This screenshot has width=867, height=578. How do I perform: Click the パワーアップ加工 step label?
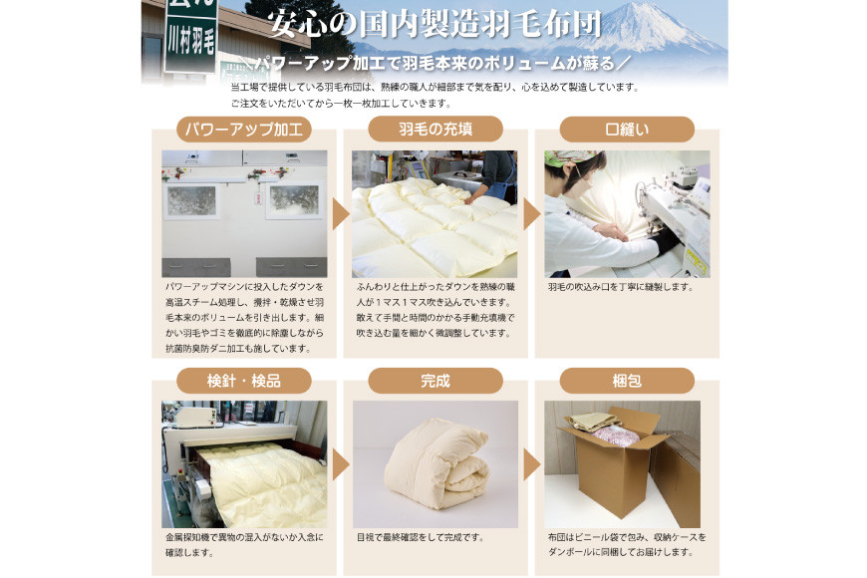point(244,130)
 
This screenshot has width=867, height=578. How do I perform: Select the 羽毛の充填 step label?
point(435,130)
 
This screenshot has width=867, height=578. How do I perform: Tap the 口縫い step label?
point(627,130)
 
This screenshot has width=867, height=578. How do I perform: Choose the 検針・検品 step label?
point(244,381)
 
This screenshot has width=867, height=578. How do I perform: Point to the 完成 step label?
point(435,381)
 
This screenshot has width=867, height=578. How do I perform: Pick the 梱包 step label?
point(627,381)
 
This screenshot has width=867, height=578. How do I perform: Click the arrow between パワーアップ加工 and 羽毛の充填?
point(340,214)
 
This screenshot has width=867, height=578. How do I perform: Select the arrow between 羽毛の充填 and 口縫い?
point(531,214)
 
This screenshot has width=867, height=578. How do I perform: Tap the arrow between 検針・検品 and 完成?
point(340,464)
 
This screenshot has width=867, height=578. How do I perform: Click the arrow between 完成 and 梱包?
point(531,464)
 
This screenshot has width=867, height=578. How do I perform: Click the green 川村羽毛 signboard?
point(190,36)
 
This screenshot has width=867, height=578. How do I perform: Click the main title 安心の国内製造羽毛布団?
point(434,24)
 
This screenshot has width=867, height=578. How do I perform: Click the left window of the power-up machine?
point(191,200)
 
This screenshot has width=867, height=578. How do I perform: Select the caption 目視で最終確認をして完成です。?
point(421,537)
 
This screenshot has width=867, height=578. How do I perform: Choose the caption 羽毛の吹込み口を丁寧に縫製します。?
point(621,287)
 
